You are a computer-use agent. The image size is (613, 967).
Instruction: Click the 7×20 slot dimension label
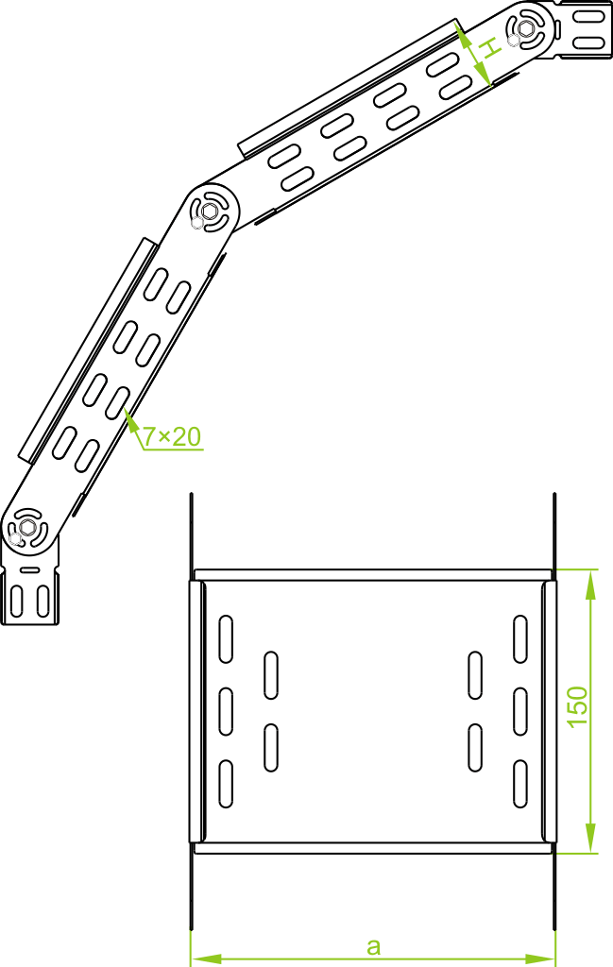coord(172,436)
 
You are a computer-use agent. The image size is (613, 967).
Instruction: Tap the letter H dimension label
coord(488,47)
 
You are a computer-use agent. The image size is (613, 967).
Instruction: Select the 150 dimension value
coord(578,706)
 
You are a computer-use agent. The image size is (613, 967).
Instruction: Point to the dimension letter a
coord(373,944)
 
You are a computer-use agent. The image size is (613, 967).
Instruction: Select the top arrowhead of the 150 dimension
coord(590,583)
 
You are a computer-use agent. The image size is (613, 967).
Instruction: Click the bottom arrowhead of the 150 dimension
coord(590,838)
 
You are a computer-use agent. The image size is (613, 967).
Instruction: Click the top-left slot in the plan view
coord(226,638)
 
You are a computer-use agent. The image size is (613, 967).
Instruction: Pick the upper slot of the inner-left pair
coord(271,675)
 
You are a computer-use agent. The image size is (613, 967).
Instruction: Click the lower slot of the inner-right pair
coord(475,746)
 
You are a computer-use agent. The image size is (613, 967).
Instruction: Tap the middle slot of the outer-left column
coord(226,711)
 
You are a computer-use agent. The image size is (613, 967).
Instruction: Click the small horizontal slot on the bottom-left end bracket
coord(30,571)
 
